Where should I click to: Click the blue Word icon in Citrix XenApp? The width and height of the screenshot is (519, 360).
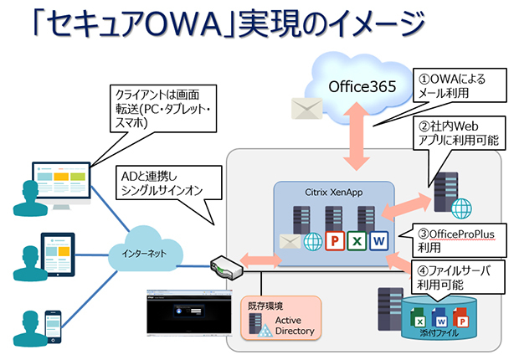(x=378, y=241)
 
